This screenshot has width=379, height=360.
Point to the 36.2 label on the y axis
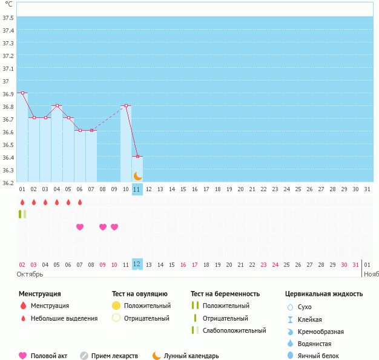[x=8, y=183]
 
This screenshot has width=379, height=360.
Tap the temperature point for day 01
[x=22, y=93]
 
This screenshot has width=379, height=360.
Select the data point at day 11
[x=137, y=157]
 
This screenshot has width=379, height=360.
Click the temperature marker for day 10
[x=126, y=106]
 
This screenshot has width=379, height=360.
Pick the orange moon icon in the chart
[x=138, y=176]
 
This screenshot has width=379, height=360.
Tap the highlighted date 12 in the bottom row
[x=137, y=264]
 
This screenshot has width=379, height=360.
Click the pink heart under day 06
[x=80, y=227]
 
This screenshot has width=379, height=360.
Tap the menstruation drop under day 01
[x=22, y=202]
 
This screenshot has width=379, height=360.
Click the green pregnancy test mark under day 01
[x=22, y=214]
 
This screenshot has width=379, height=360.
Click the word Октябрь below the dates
[x=30, y=274]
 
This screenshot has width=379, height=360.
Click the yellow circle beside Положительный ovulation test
[x=116, y=306]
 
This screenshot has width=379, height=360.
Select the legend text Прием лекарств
[x=114, y=356]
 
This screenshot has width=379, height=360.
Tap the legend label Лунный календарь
[x=191, y=356]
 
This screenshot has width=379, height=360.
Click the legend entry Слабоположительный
[x=234, y=331]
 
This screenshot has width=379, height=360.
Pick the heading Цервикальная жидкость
[x=324, y=294]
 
